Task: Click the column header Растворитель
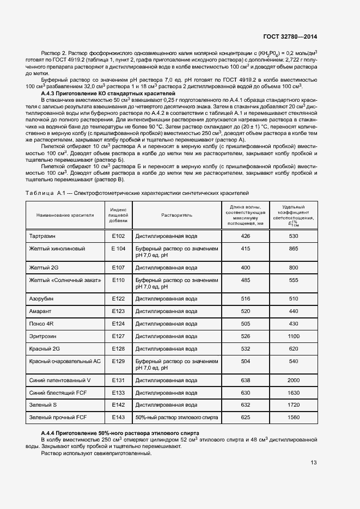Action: click(176, 215)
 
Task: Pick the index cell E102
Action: click(119, 236)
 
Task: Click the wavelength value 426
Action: click(245, 236)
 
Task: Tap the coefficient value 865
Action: click(294, 248)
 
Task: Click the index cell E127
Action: click(119, 336)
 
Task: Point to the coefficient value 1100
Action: click(294, 336)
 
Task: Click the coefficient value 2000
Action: click(294, 380)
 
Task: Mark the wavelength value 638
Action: click(245, 380)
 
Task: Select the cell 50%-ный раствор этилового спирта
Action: click(176, 417)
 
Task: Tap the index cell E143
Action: click(119, 417)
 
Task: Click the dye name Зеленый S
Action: click(43, 405)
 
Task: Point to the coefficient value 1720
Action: click(294, 405)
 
